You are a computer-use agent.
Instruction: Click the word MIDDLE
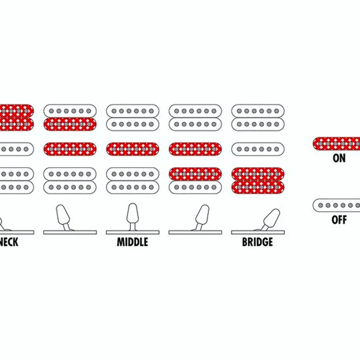tap(133, 242)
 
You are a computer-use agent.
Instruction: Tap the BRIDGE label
tap(258, 242)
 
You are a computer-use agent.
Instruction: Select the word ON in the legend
tap(339, 158)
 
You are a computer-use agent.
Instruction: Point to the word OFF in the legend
tap(339, 220)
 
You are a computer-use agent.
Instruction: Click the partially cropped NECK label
tap(9, 242)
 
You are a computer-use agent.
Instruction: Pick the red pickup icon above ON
tap(336, 143)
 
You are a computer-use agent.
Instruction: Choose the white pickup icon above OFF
tap(336, 205)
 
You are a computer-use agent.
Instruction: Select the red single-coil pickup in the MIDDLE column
tap(133, 149)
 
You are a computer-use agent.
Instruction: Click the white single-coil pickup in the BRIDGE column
tap(258, 149)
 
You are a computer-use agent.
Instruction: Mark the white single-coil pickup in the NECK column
tap(16, 149)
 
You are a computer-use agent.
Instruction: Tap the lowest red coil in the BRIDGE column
tap(258, 187)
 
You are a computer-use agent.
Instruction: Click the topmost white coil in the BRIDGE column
tap(258, 111)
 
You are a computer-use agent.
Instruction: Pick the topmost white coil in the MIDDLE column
tap(133, 111)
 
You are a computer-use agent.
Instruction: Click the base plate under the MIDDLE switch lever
tap(133, 232)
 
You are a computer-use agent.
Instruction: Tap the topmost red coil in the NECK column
tap(16, 111)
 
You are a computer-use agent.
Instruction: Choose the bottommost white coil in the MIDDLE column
tap(133, 187)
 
